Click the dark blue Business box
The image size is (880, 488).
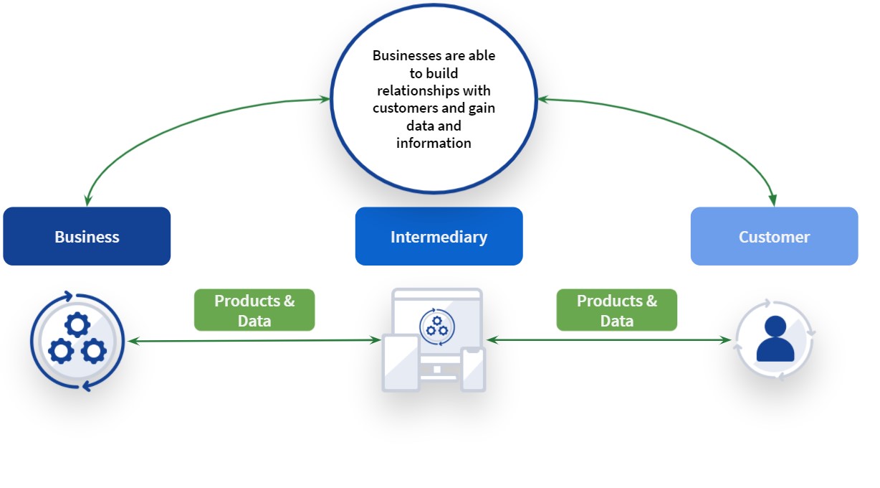pyautogui.click(x=87, y=236)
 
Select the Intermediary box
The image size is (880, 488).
pyautogui.click(x=439, y=236)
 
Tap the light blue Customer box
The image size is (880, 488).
pyautogui.click(x=775, y=236)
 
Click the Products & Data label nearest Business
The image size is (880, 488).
pyautogui.click(x=254, y=310)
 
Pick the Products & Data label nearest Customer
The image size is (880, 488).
pyautogui.click(x=617, y=310)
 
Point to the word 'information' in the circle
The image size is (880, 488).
pyautogui.click(x=434, y=143)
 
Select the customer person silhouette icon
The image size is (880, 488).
pyautogui.click(x=775, y=339)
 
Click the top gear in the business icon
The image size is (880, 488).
pyautogui.click(x=77, y=324)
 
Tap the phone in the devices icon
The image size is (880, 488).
pyautogui.click(x=473, y=369)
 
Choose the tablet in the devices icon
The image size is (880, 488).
pyautogui.click(x=401, y=363)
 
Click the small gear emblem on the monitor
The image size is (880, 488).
pyautogui.click(x=437, y=327)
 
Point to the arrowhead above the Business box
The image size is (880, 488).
pyautogui.click(x=87, y=200)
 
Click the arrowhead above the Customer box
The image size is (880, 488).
pyautogui.click(x=773, y=200)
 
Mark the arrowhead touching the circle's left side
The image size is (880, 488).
pyautogui.click(x=325, y=99)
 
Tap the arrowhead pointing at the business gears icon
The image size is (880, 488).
pyautogui.click(x=134, y=341)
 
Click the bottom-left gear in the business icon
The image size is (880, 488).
pyautogui.click(x=61, y=351)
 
